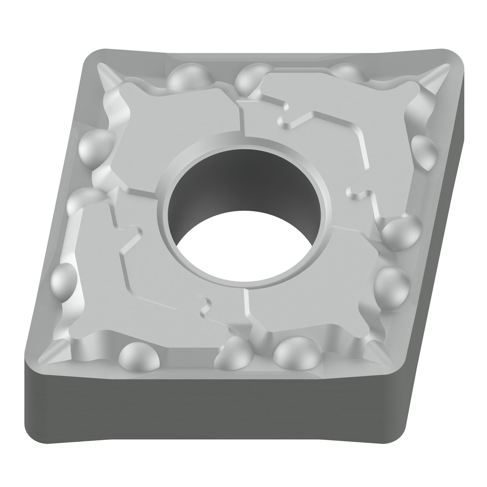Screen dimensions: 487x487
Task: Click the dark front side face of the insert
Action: [202, 413]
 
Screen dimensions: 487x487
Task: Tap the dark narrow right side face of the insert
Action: [439, 252]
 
